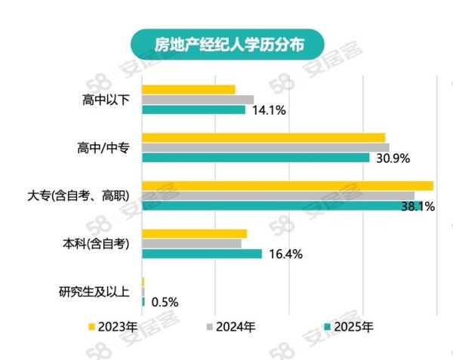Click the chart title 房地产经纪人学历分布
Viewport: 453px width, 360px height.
(218, 42)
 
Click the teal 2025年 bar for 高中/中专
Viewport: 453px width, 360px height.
(255, 158)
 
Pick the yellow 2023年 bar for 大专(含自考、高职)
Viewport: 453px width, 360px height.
(287, 186)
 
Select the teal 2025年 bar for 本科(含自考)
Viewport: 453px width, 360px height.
(202, 254)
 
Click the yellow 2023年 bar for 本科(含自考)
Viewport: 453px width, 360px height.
(194, 233)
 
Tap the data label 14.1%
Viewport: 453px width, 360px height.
(269, 110)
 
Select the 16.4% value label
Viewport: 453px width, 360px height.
(285, 254)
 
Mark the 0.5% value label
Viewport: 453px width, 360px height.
(165, 302)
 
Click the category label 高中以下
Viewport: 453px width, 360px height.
(106, 100)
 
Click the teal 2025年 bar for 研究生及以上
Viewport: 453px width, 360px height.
(143, 302)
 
